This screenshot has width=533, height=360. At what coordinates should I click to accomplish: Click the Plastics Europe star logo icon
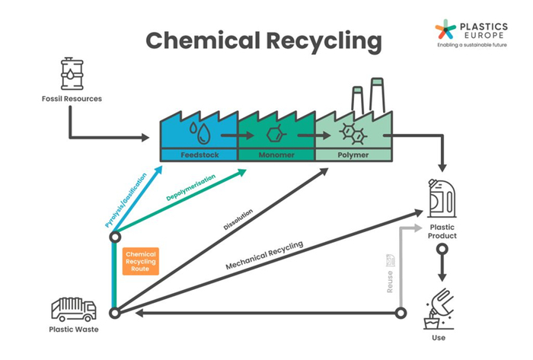pos(445,29)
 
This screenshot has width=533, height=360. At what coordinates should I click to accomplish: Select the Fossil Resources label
pos(72,99)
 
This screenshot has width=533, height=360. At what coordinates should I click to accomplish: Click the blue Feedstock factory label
pos(199,155)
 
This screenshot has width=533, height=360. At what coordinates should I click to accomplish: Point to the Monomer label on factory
pos(275,155)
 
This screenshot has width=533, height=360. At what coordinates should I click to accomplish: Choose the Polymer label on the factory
pos(353,155)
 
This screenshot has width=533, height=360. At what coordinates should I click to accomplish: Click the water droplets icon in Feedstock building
pos(202,132)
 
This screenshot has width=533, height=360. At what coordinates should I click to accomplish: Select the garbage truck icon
pos(72,308)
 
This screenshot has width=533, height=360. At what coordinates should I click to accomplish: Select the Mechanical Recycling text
pos(264,255)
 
